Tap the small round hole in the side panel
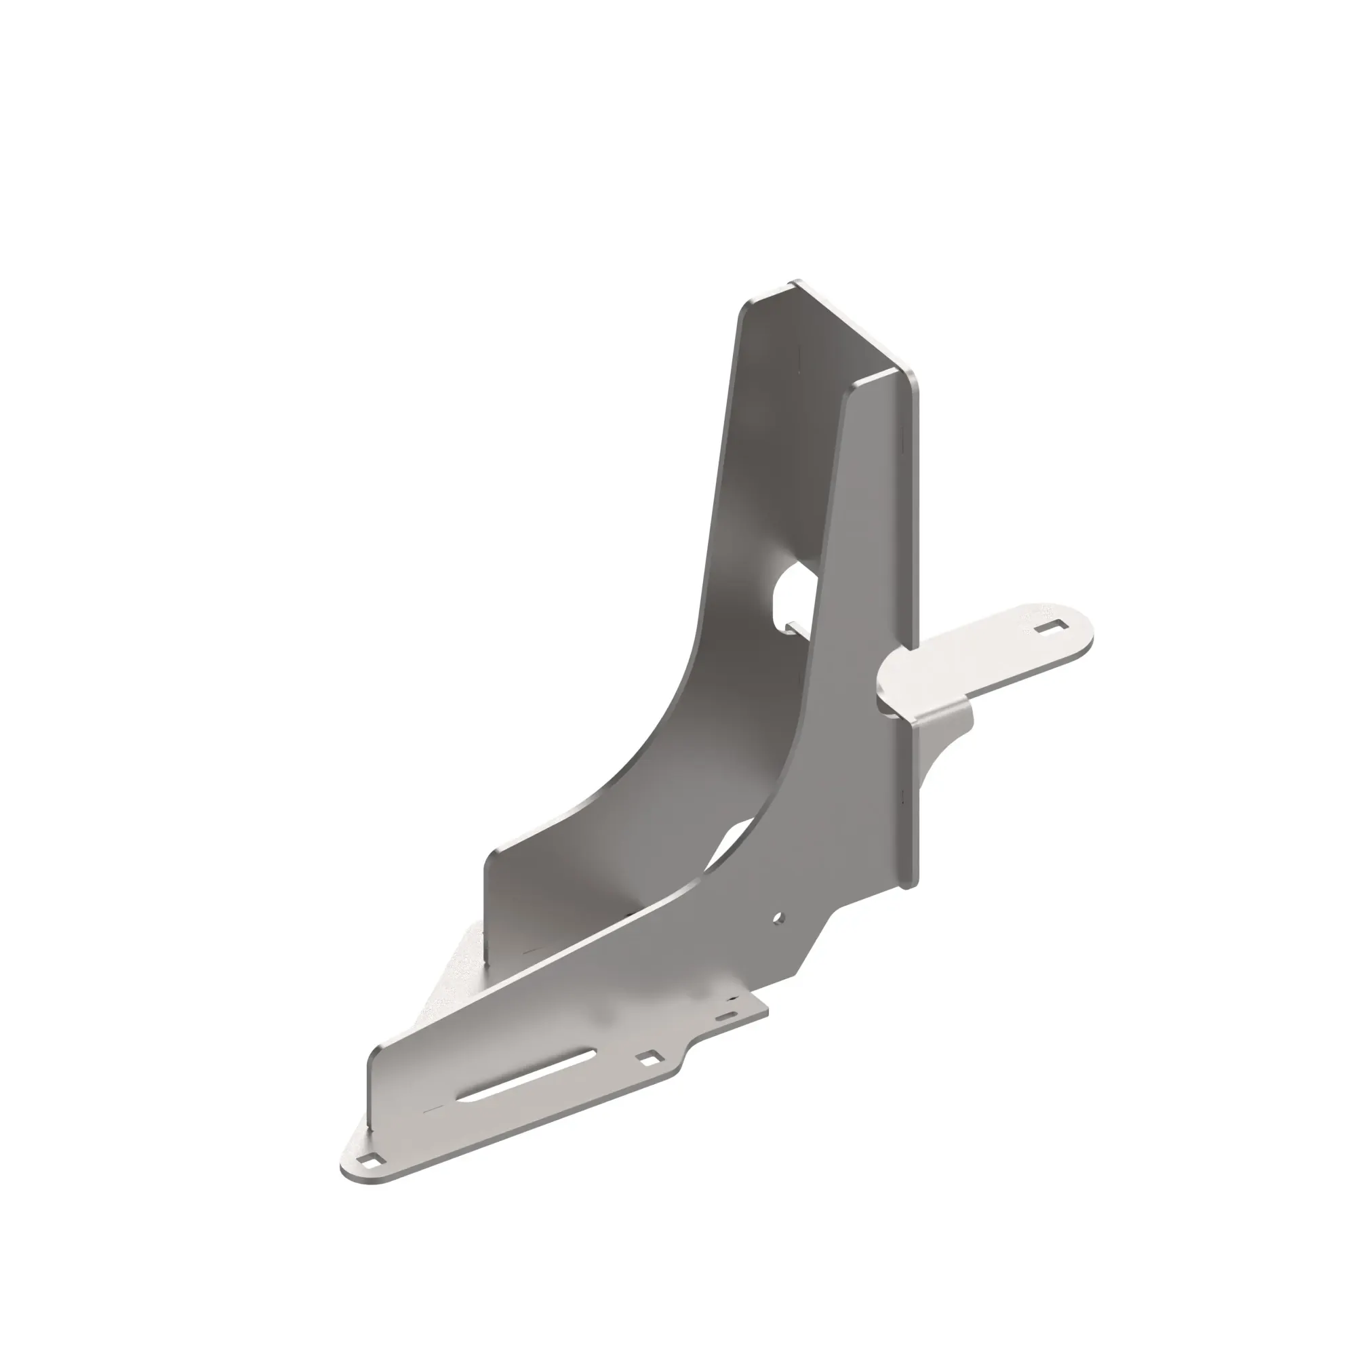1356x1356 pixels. pyautogui.click(x=778, y=917)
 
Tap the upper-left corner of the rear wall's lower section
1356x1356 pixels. pyautogui.click(x=492, y=854)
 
